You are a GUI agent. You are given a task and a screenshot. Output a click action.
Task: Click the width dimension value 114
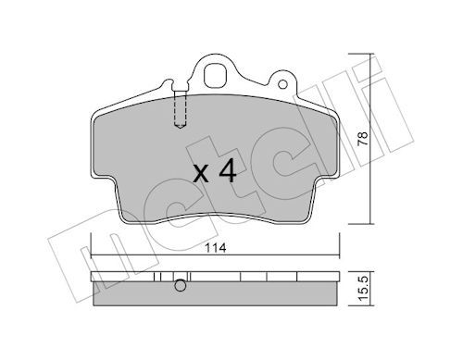(x=216, y=248)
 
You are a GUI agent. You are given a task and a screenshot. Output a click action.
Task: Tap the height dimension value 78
(x=362, y=139)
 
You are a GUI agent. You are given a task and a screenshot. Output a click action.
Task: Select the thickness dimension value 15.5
(x=363, y=288)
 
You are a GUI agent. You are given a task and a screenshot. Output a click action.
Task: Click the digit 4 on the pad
(x=228, y=172)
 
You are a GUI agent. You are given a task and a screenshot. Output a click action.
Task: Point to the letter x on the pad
(x=201, y=175)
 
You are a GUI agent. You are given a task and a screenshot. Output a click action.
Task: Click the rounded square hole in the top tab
(x=216, y=76)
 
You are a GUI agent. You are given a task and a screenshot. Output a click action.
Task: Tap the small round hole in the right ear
(x=282, y=84)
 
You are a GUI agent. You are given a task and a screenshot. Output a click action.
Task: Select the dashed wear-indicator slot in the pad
(x=181, y=109)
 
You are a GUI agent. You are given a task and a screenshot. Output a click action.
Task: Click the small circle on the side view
(x=181, y=285)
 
